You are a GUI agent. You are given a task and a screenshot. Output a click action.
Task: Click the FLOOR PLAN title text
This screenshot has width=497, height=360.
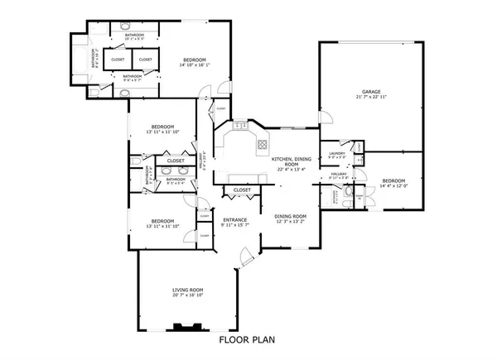[x=246, y=339]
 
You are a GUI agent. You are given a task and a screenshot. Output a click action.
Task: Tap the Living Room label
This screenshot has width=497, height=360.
[x=188, y=290]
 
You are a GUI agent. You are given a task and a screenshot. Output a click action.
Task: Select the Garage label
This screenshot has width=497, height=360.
[x=369, y=91]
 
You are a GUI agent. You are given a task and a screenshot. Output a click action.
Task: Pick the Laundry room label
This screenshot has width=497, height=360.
[x=336, y=153]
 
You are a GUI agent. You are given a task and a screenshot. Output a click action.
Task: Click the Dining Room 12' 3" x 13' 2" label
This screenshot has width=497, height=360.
[x=291, y=217]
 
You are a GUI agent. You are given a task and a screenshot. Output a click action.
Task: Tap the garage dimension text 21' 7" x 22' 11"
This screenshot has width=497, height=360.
[x=369, y=98]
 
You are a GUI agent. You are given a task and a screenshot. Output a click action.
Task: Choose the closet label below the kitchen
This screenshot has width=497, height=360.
[x=242, y=190]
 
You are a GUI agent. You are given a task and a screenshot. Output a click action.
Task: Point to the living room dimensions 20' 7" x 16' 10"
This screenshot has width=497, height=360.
[x=188, y=295]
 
